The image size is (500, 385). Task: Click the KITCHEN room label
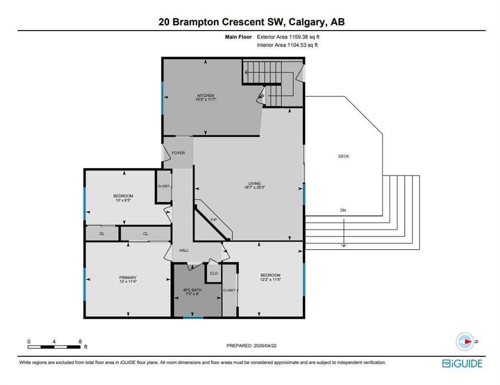[x=206, y=96]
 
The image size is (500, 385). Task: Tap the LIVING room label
[x=254, y=183]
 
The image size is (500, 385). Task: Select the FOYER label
[x=178, y=153]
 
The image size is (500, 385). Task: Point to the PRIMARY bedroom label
[x=128, y=278]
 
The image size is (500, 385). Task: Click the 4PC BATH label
[x=192, y=290]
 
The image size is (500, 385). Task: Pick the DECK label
[x=344, y=156]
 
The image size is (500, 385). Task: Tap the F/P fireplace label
[x=214, y=220]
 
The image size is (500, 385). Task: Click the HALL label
[x=184, y=251]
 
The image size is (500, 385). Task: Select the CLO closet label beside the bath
[x=214, y=273]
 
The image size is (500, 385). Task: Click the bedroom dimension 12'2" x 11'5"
[x=270, y=280]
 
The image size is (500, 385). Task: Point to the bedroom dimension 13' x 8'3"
[x=123, y=200]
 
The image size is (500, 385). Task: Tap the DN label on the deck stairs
[x=343, y=211]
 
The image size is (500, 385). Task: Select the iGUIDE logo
[x=462, y=363]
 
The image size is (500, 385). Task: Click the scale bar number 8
[x=80, y=341]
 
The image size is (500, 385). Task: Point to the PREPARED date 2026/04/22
[x=265, y=345]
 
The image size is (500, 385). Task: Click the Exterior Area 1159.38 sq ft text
[x=288, y=37]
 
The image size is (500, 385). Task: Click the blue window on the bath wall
[x=193, y=317]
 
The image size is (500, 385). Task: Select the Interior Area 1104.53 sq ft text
[x=287, y=45]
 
